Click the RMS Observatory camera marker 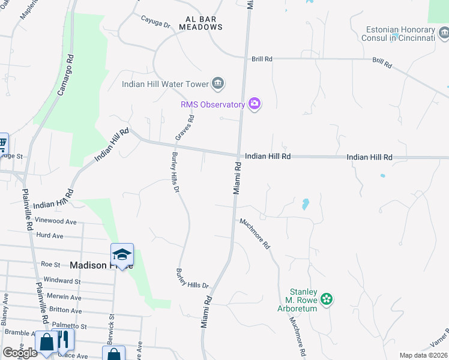255,104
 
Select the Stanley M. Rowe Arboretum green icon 327,298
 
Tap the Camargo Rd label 65,76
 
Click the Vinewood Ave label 56,221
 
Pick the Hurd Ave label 50,236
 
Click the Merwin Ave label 66,297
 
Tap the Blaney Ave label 4,312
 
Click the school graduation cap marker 122,255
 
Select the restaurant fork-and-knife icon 62,340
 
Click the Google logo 19,353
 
